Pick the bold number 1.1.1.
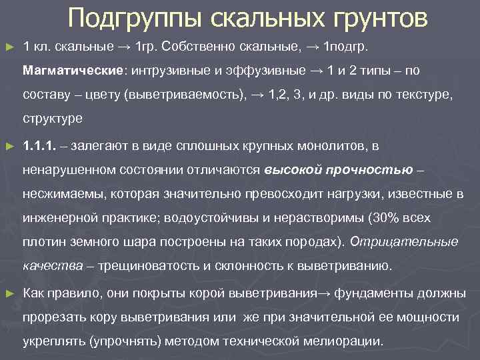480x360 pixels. tap(38, 145)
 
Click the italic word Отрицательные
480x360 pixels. tap(413, 242)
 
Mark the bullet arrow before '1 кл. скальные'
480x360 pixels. tap(9, 47)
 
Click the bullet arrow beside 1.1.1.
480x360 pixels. tap(9, 145)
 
